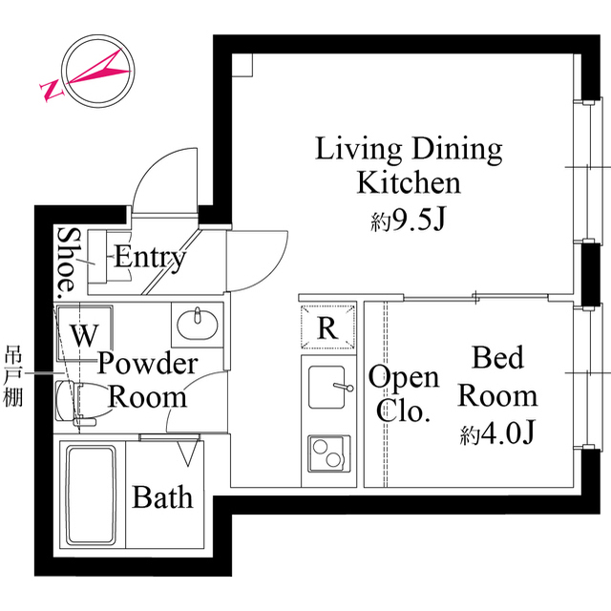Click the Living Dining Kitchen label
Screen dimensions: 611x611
(x=409, y=164)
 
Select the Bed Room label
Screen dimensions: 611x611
(x=497, y=376)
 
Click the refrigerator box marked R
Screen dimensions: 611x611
(x=327, y=328)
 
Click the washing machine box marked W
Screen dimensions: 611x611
(x=84, y=333)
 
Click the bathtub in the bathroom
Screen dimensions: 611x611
(x=90, y=495)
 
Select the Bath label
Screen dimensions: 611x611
(x=162, y=496)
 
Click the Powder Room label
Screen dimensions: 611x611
(x=147, y=379)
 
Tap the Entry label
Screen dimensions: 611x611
(x=150, y=257)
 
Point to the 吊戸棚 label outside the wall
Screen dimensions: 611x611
(x=14, y=374)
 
